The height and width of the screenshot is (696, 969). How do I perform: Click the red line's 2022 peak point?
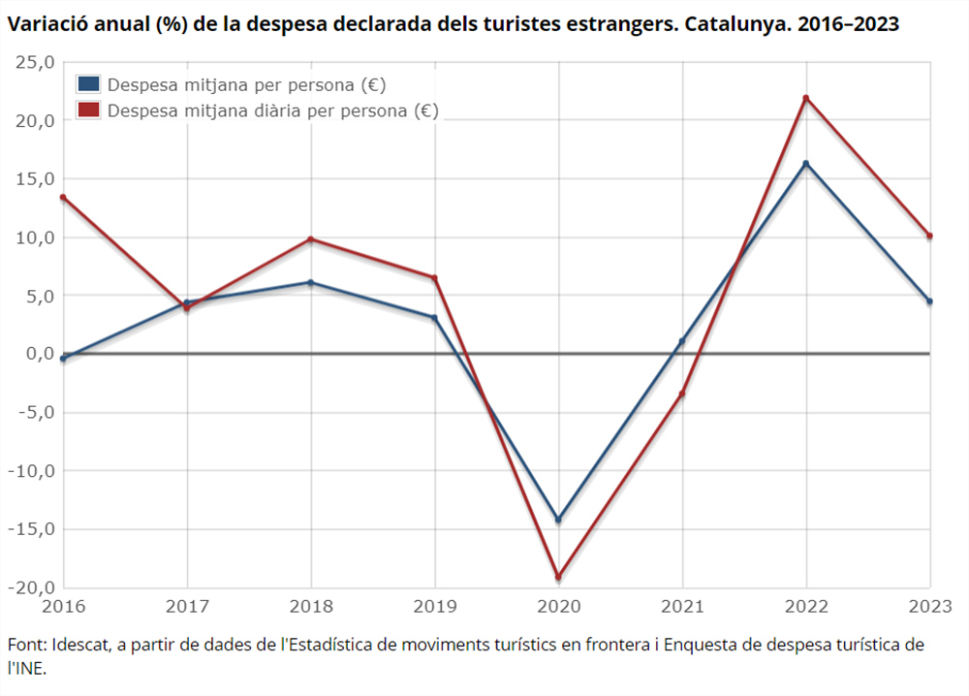(806, 98)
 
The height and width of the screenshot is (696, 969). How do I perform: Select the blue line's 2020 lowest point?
(558, 520)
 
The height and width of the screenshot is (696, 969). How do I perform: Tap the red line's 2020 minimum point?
(558, 577)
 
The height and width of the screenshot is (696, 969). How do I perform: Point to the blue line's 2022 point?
(806, 163)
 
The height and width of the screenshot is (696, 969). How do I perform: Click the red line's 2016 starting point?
(63, 198)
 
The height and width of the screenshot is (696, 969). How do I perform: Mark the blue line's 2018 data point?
(310, 283)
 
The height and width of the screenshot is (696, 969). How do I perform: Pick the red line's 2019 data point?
(434, 278)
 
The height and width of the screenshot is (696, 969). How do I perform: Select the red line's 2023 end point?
(929, 236)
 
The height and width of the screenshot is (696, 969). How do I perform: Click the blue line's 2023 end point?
(929, 301)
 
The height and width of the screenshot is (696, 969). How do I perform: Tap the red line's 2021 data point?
(682, 394)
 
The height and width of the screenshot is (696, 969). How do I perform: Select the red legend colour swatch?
(89, 111)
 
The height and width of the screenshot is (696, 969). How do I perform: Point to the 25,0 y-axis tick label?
(33, 63)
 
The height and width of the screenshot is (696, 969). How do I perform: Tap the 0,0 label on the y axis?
(37, 354)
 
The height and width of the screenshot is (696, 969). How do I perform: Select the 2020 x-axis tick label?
(558, 607)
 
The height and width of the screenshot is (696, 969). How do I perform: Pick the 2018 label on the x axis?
(310, 607)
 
